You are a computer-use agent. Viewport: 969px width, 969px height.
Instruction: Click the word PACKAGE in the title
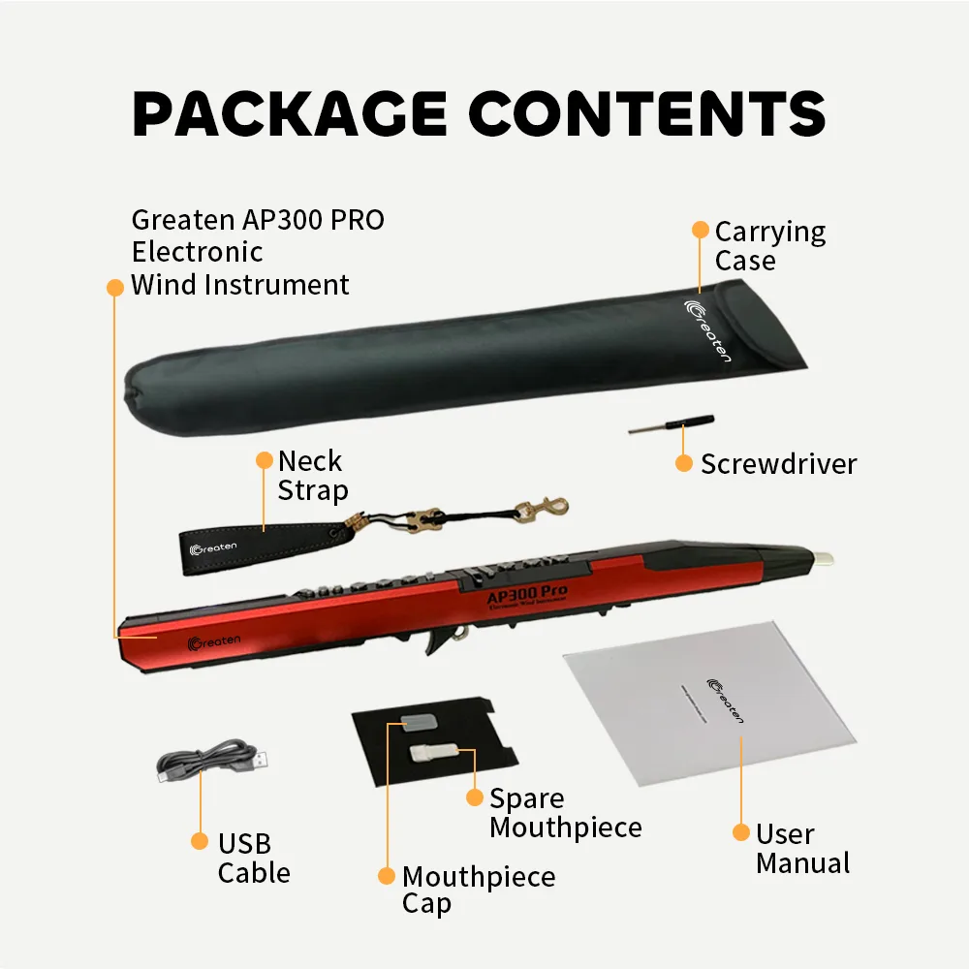[x=289, y=114]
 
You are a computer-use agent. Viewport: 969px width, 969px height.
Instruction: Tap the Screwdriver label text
[x=778, y=463]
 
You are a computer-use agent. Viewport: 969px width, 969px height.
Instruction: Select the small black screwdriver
[x=672, y=424]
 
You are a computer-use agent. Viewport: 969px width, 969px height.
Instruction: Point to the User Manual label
[x=802, y=848]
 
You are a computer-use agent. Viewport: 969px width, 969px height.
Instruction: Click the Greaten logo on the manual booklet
[x=725, y=699]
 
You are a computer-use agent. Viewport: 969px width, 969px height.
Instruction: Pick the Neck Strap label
[x=312, y=475]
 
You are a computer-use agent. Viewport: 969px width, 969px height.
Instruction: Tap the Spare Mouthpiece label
[x=565, y=813]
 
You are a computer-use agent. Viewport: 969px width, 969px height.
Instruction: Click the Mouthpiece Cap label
[x=479, y=891]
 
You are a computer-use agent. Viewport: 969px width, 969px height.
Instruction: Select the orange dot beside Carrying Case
[x=700, y=230]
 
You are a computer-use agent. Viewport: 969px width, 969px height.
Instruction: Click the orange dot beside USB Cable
[x=199, y=841]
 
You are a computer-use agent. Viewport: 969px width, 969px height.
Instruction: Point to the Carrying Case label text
[x=770, y=246]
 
